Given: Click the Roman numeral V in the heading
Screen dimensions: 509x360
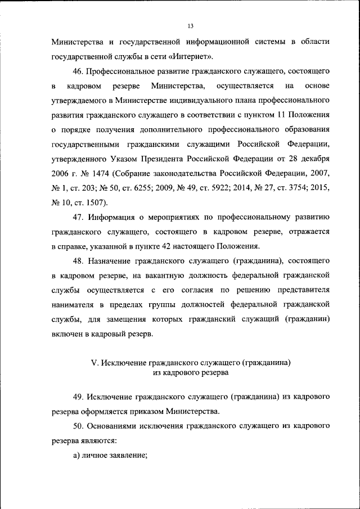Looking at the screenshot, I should click(94, 363).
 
